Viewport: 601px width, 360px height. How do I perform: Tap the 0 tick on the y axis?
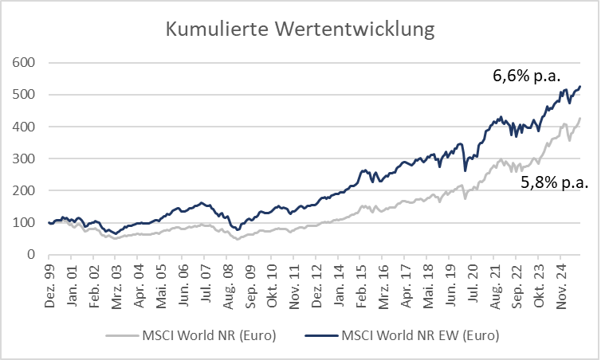click(x=31, y=255)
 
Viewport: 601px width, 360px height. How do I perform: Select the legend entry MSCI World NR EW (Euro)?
click(x=419, y=335)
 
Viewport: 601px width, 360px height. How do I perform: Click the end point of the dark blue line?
click(x=580, y=86)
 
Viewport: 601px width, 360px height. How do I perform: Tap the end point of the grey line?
click(x=580, y=119)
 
